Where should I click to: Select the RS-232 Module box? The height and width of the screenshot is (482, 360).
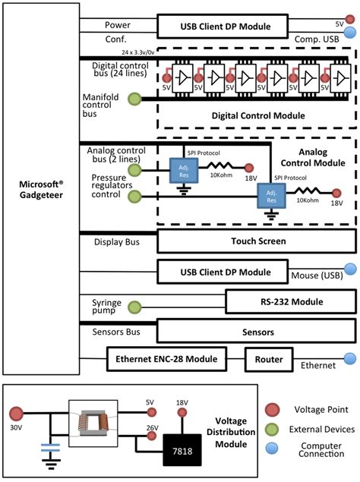290,302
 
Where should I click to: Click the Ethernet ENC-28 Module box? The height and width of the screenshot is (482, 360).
167,358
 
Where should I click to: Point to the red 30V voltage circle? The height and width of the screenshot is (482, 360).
15,414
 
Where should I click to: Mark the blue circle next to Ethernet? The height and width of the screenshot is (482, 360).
350,359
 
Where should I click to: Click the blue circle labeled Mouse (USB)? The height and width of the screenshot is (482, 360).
350,269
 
